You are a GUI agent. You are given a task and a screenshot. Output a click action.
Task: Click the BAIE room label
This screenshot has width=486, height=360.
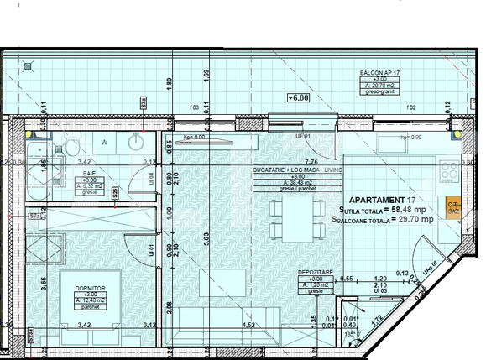(x=88, y=173)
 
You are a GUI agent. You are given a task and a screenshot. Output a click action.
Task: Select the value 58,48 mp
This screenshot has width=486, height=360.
(x=413, y=209)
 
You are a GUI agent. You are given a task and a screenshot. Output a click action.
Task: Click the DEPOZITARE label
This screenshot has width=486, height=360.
(x=316, y=274)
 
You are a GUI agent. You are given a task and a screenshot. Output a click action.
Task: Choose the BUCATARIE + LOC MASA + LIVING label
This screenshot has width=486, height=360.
(x=285, y=170)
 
